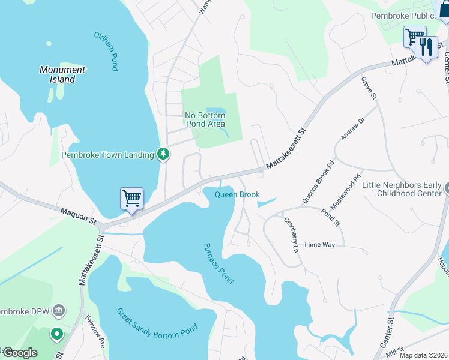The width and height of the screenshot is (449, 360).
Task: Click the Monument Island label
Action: [x=62, y=74]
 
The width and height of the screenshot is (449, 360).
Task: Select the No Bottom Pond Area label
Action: [x=205, y=119]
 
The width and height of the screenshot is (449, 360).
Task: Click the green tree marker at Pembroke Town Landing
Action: [x=163, y=155]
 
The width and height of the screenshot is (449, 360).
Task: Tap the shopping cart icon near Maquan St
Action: [x=131, y=197]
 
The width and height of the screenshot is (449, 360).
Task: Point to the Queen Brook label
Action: [x=237, y=194]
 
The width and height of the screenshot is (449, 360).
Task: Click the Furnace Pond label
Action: [x=218, y=263]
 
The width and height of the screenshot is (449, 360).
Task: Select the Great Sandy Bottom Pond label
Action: [x=157, y=330]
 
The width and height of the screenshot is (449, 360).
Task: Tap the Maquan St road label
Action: [x=78, y=215]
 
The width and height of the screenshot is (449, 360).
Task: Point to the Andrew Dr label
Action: [x=352, y=128]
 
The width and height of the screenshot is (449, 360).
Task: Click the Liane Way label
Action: [x=319, y=245]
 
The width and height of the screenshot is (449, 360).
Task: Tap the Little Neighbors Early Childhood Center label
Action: [x=401, y=189]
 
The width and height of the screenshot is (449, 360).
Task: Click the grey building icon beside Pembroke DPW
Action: [x=59, y=310]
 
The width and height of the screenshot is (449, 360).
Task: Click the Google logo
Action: [x=20, y=353]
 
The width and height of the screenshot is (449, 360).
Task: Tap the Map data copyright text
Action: [x=423, y=355]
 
